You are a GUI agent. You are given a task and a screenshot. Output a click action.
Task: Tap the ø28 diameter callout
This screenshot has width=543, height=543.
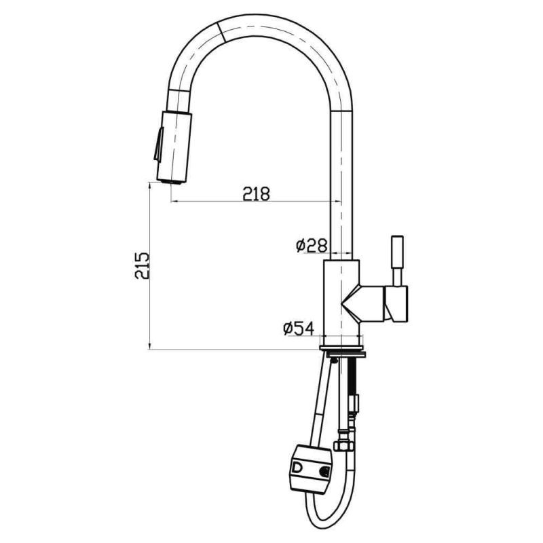[312, 246]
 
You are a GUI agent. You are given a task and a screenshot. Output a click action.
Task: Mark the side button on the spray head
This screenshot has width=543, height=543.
[157, 145]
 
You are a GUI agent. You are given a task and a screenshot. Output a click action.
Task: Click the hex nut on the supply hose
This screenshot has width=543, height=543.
[342, 446]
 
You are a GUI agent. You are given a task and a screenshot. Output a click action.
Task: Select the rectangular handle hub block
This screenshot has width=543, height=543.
[396, 303]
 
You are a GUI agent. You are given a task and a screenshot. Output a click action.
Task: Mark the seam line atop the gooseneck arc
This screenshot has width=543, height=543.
[220, 29]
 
